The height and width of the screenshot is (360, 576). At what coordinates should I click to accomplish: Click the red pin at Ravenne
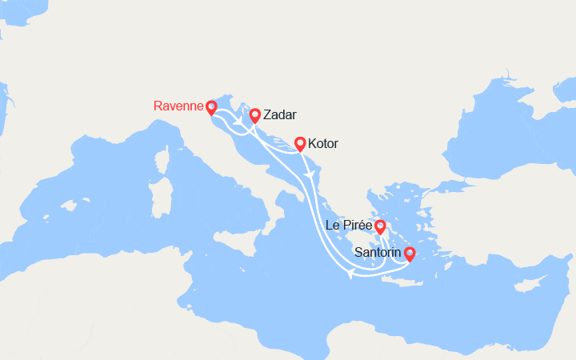[211, 106]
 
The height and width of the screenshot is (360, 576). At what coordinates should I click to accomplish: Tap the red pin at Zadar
[254, 115]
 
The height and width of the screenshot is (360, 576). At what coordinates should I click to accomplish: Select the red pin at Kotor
[300, 143]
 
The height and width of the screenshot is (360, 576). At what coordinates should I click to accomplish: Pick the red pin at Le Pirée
[380, 226]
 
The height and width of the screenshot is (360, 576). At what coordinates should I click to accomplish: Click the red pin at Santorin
[410, 254]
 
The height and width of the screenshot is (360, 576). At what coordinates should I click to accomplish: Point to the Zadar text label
[279, 115]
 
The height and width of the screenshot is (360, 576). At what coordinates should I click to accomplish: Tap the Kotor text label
[322, 144]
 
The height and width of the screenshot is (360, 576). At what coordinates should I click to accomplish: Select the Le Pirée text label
[348, 226]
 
